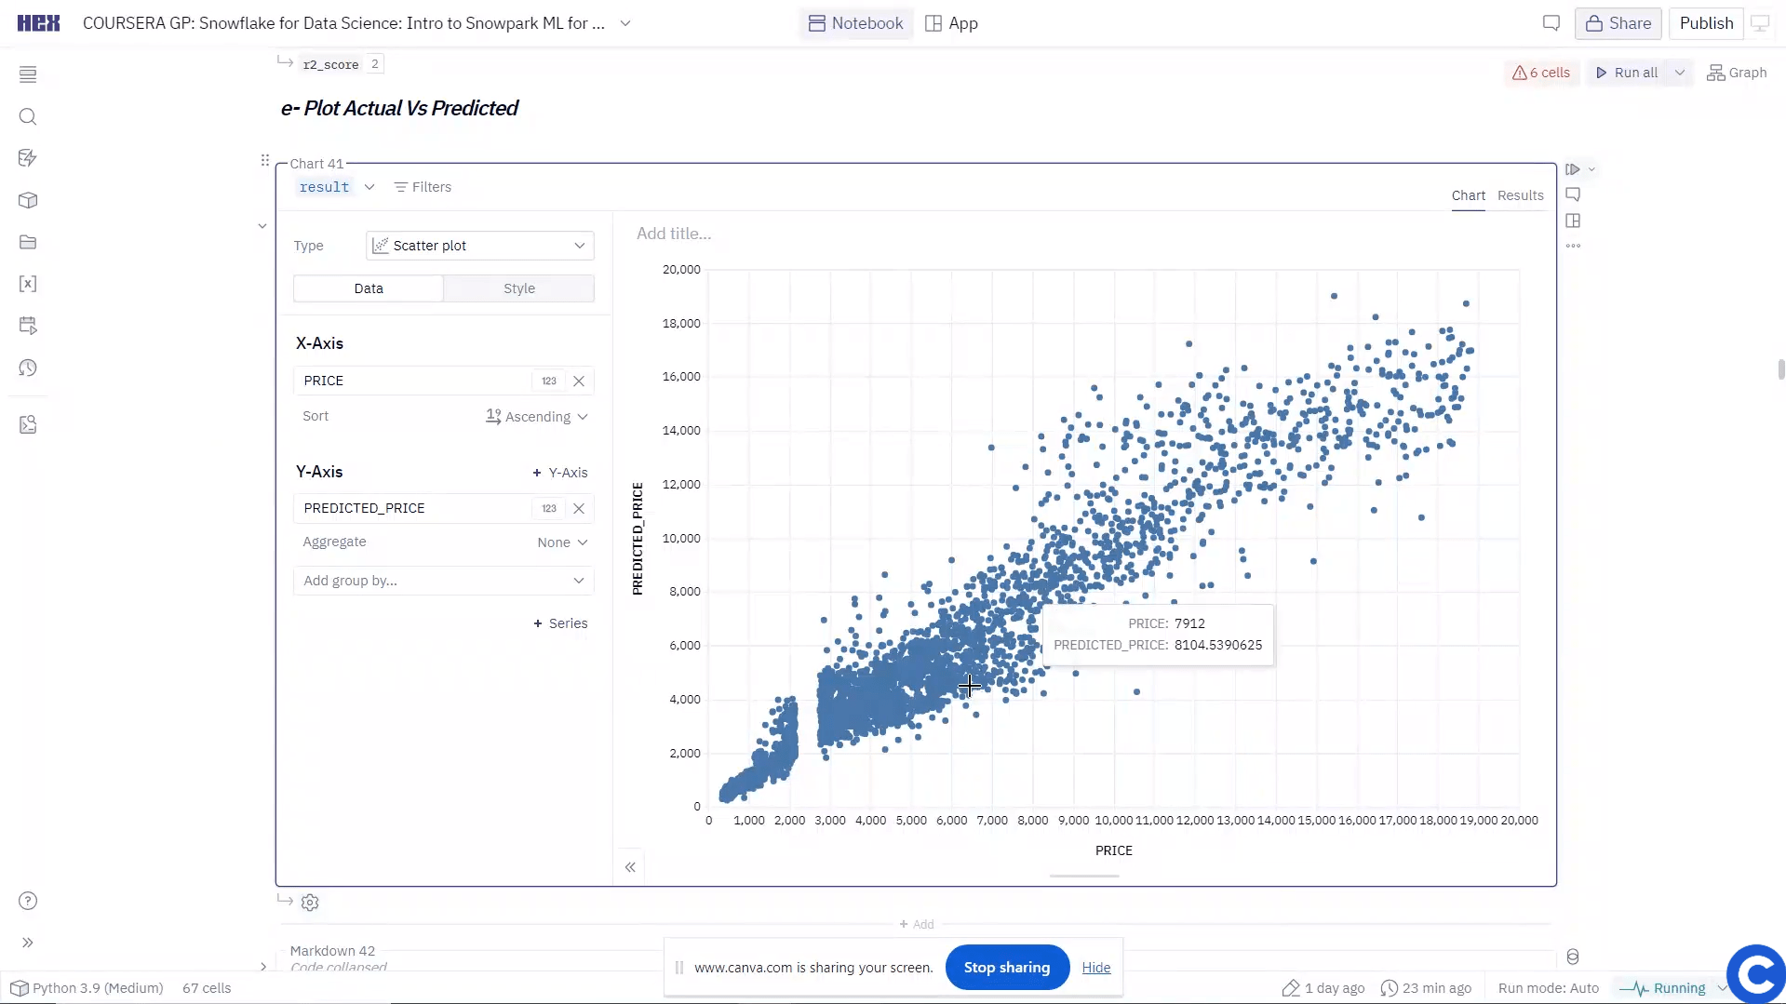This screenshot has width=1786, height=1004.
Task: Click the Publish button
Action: coord(1706,23)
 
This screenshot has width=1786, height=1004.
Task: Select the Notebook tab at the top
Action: coord(856,23)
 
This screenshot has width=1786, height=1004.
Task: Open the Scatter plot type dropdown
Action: coord(480,246)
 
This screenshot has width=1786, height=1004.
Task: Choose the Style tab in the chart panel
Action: coord(518,288)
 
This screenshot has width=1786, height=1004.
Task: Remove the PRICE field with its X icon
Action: coord(579,381)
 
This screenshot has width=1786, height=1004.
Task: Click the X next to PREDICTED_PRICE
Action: coord(579,508)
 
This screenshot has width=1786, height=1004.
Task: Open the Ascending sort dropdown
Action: coord(537,417)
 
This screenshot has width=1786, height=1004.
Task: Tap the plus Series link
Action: coord(560,623)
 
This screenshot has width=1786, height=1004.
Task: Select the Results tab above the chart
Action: coord(1520,195)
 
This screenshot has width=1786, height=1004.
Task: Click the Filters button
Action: coord(423,187)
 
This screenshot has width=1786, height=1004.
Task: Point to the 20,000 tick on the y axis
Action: coord(681,270)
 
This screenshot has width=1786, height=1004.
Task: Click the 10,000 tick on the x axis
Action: coord(1113,821)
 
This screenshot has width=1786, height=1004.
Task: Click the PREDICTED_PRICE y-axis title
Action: coord(638,538)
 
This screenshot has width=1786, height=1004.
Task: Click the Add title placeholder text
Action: coord(674,234)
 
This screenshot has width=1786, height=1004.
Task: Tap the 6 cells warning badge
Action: coord(1541,73)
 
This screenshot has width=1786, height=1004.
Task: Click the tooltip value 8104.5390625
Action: coord(1217,645)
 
